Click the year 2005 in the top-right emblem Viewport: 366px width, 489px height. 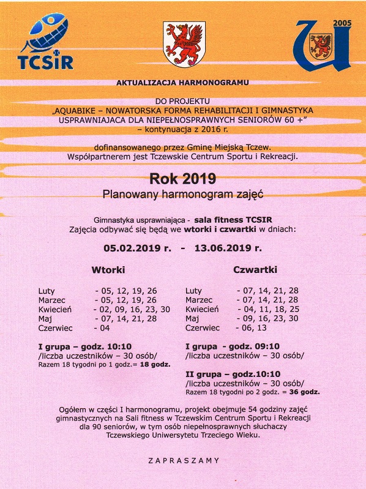coord(342,22)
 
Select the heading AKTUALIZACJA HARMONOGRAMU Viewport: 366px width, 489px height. coord(183,81)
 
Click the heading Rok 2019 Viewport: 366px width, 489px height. coord(182,179)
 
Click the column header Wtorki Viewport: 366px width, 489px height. coord(109,270)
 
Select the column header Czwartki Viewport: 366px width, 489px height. coord(255,270)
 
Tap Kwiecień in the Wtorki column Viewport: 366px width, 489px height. coord(56,310)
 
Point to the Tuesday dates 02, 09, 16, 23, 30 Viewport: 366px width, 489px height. coord(132,310)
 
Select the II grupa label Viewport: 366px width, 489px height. coord(203,373)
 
